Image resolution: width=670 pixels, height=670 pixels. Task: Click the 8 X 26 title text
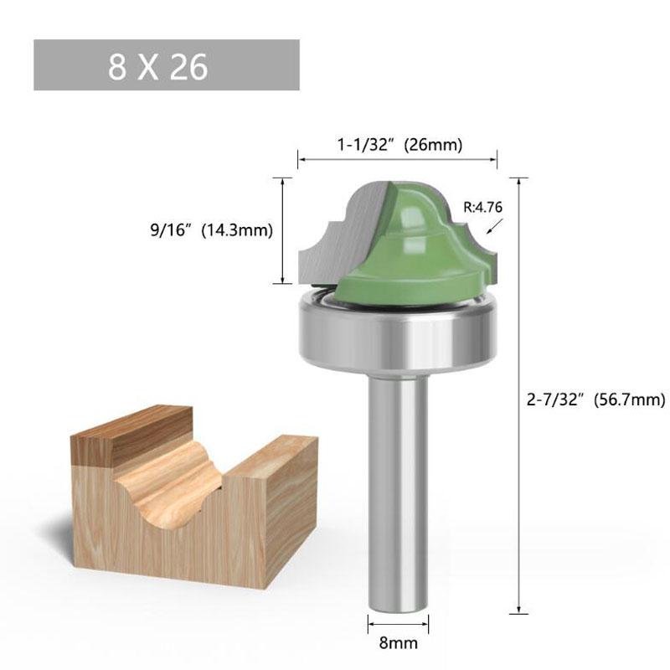pyautogui.click(x=157, y=66)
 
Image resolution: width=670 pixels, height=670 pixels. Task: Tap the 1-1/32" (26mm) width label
pyautogui.click(x=399, y=144)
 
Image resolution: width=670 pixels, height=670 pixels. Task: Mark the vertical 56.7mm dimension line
pyautogui.click(x=521, y=394)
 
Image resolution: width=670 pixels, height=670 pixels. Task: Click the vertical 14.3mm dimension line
pyautogui.click(x=283, y=230)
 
